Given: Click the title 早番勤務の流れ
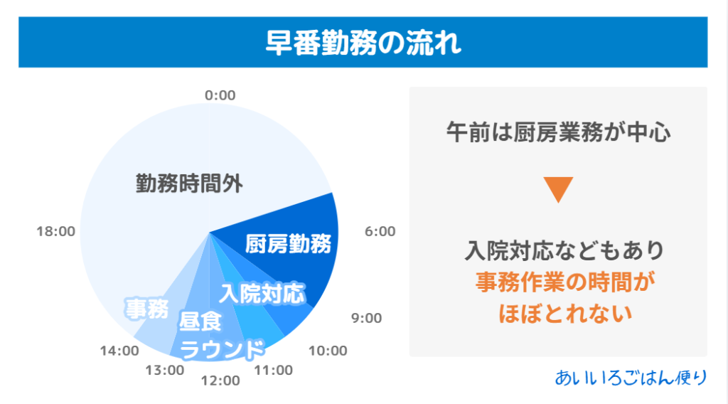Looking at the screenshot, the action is click(x=363, y=43).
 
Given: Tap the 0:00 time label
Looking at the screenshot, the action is click(x=220, y=95).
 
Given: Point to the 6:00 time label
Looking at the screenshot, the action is click(x=380, y=231).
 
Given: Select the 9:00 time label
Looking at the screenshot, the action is click(x=366, y=318).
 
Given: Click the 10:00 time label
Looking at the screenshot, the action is click(x=328, y=351).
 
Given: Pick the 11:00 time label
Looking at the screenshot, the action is click(x=274, y=370).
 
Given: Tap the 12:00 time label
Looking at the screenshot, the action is click(x=220, y=381).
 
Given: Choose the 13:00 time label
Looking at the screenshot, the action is click(x=165, y=370).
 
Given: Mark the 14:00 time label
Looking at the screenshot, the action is click(x=119, y=351).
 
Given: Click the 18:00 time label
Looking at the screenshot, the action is click(x=55, y=231).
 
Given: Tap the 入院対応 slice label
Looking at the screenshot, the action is click(x=262, y=294).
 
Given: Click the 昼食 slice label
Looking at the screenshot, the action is click(x=200, y=321).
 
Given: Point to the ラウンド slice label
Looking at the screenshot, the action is click(x=222, y=350).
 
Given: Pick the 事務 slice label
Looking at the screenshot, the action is click(x=146, y=309).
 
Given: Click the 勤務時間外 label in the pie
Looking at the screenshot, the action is click(x=189, y=184).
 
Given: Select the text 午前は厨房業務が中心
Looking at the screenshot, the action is click(x=558, y=132).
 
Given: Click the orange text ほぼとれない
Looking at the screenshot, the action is click(x=565, y=314).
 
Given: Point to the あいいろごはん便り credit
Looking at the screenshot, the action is click(x=631, y=378).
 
